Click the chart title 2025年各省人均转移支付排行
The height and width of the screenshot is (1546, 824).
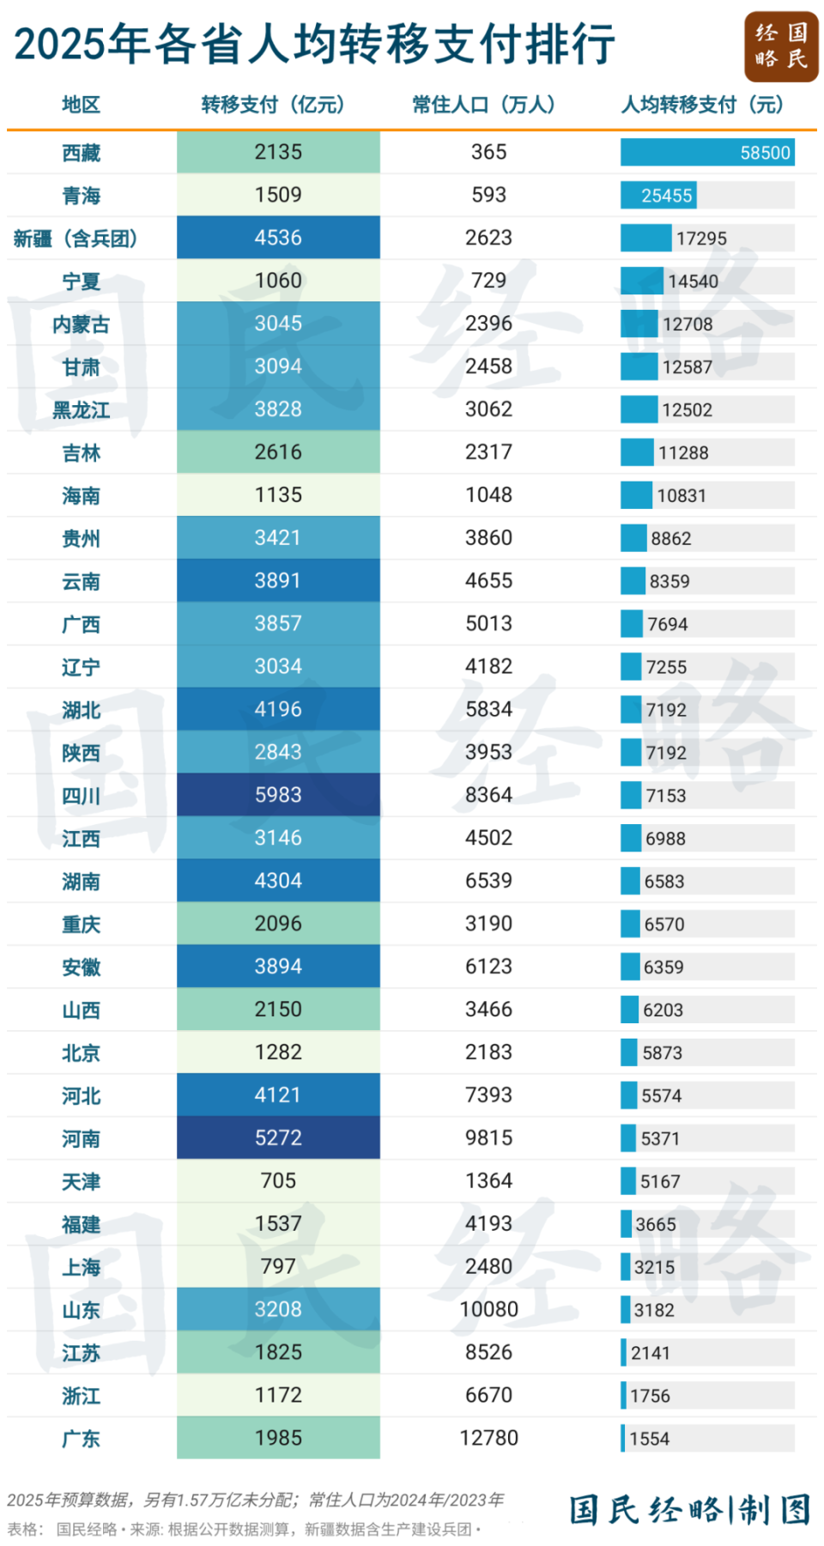[x=314, y=45]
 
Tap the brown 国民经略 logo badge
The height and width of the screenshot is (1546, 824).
[x=780, y=46]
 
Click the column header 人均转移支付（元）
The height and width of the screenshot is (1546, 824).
[x=702, y=105]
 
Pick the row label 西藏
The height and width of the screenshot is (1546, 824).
[x=81, y=153]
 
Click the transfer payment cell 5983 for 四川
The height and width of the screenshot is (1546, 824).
[x=278, y=795]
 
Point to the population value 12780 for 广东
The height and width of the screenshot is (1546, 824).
[x=488, y=1438]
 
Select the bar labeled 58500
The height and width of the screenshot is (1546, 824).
[x=707, y=153]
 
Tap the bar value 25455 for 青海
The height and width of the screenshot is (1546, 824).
[x=666, y=196]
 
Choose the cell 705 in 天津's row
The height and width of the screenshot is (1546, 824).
[x=278, y=1181]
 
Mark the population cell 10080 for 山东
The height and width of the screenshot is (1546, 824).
[x=488, y=1309]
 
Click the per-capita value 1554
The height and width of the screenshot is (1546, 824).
[x=649, y=1439]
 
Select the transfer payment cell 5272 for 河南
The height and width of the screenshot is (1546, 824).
[x=278, y=1138]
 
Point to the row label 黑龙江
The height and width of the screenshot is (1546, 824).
[x=81, y=410]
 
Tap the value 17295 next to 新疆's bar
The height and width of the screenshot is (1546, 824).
[x=701, y=239]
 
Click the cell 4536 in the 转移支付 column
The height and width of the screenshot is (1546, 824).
[x=278, y=238]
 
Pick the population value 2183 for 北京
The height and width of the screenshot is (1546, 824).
[x=488, y=1052]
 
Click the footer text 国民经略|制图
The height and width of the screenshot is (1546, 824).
[x=689, y=1509]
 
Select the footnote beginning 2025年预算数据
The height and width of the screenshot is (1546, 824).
[x=255, y=1500]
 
